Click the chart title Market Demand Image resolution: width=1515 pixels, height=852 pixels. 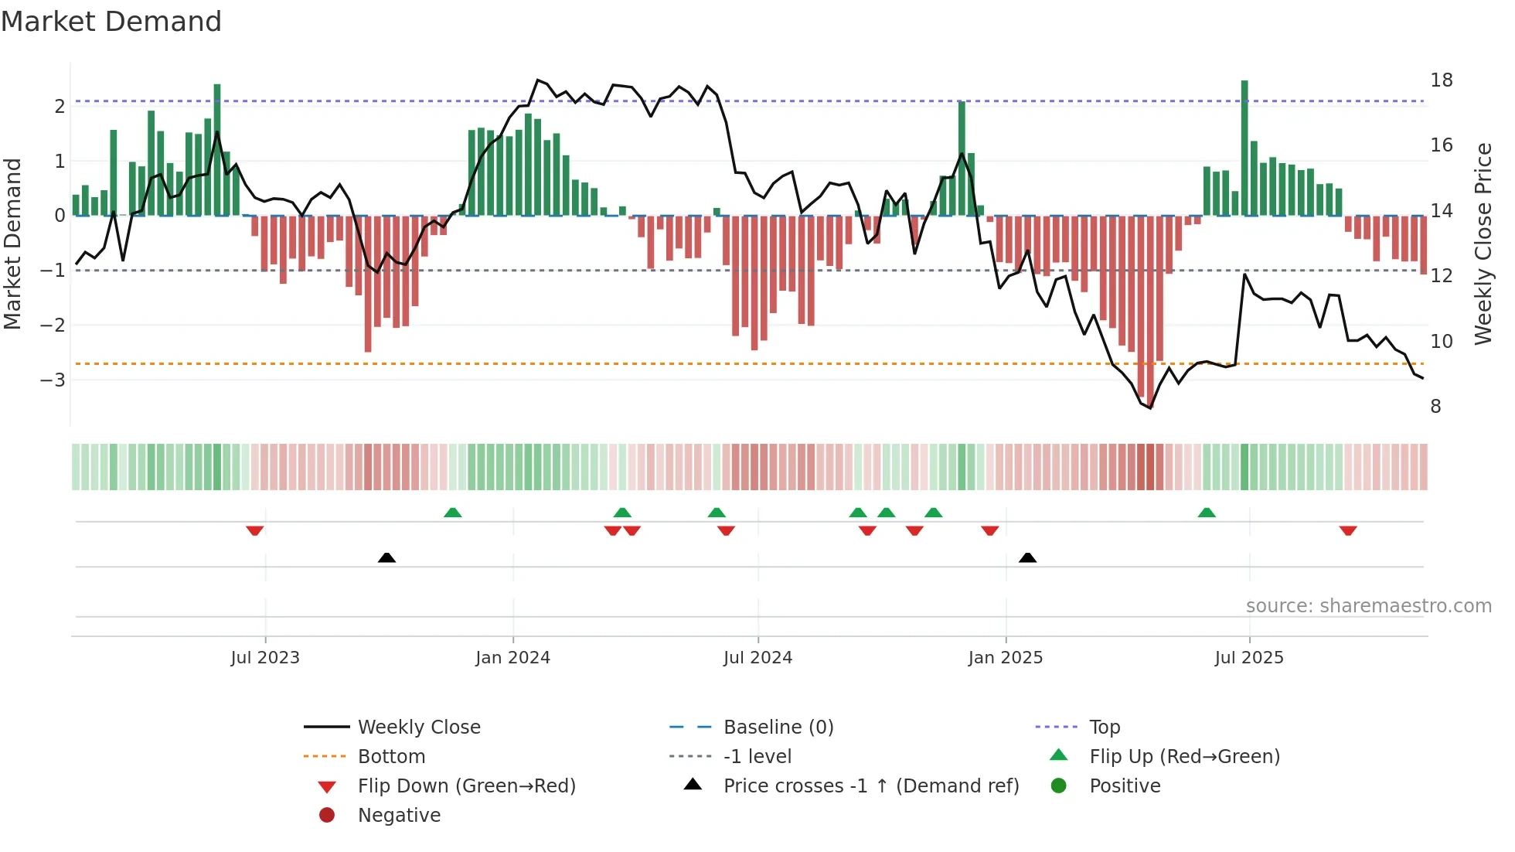pos(111,22)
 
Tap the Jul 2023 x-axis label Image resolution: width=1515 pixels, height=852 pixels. pos(265,658)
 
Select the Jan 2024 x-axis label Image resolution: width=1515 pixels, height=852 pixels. pos(512,658)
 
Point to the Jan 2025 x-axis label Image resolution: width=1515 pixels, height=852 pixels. pos(1005,658)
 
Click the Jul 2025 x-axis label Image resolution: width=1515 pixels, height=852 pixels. pos(1248,658)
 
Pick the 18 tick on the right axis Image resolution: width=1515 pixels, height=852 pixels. pos(1441,80)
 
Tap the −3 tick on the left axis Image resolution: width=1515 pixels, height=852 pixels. pos(53,380)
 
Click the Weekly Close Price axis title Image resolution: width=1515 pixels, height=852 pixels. pos(1483,244)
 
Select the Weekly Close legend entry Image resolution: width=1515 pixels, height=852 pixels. pos(418,728)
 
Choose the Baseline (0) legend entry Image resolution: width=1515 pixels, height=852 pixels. pos(778,728)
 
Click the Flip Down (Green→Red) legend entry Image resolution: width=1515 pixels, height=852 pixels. pos(466,786)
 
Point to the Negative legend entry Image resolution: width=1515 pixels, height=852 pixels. pos(399,816)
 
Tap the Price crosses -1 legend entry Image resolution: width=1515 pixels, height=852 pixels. pos(870,786)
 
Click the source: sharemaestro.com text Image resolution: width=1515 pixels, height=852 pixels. pos(1368,606)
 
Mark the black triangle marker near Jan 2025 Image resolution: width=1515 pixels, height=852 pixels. pos(1027,557)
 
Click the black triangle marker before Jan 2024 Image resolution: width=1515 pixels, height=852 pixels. pos(386,557)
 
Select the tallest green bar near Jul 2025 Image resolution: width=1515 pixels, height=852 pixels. pos(1244,147)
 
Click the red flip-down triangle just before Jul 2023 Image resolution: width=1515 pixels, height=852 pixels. pos(254,530)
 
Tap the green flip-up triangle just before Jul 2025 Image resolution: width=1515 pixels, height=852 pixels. pos(1206,513)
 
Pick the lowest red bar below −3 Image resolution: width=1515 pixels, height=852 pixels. pos(1150,309)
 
